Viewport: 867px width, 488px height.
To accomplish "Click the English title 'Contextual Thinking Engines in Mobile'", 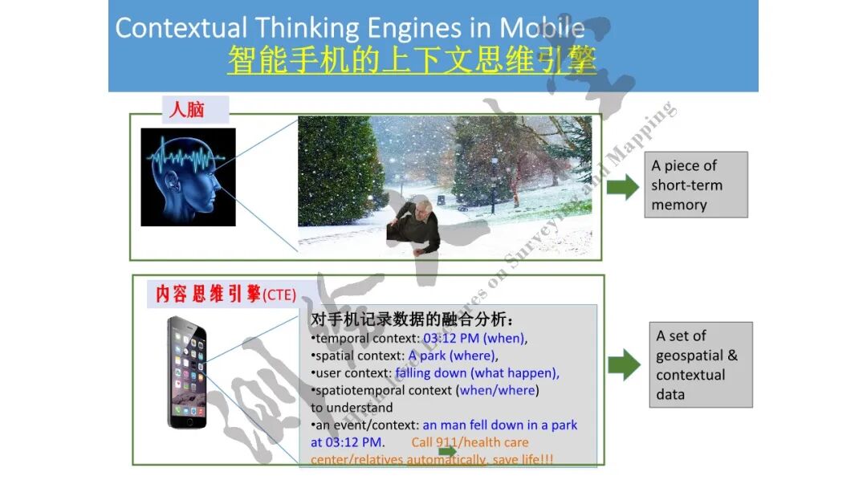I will [x=349, y=27].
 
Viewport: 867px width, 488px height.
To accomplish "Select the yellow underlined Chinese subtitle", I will [x=412, y=61].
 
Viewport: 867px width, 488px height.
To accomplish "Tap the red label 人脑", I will [x=187, y=108].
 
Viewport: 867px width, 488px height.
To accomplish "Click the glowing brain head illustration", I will [x=188, y=177].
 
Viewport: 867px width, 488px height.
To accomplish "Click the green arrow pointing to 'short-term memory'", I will [x=622, y=188].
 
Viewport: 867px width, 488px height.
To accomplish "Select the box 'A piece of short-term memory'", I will [x=697, y=185].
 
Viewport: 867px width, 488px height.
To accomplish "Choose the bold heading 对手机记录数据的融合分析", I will [x=412, y=319].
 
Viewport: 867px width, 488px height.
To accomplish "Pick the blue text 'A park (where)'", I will [x=452, y=356].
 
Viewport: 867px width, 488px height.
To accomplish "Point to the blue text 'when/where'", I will [x=498, y=390].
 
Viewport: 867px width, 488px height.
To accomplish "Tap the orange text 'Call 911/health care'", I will [x=470, y=442].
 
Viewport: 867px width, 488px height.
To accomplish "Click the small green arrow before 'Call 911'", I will [x=447, y=451].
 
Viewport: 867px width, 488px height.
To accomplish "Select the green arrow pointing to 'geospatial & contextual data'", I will [x=624, y=364].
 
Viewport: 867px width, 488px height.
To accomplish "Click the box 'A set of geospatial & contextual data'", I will [x=700, y=364].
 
